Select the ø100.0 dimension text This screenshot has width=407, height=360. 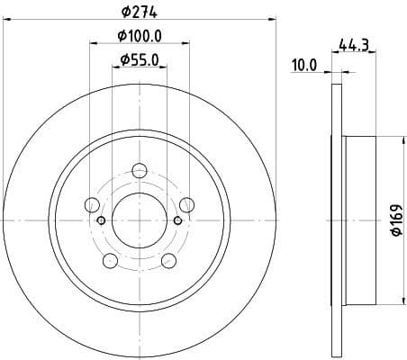pos(140,36)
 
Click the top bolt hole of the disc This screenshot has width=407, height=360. pos(140,169)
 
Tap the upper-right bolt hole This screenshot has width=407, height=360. pos(186,203)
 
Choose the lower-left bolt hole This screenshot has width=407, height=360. pos(111,260)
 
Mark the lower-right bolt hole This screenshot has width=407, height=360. pos(168,260)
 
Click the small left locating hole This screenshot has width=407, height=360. pos(101,220)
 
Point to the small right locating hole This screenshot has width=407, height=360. pos(179,220)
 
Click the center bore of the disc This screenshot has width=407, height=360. pos(140,220)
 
